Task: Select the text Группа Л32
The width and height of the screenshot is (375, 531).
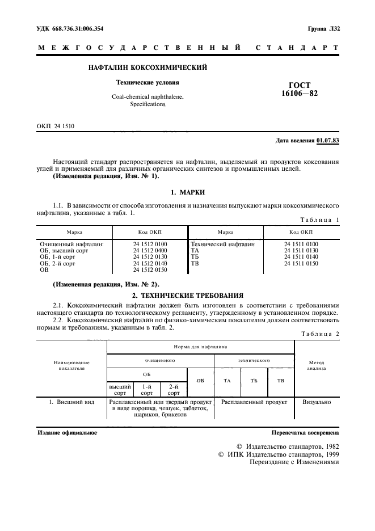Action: (323, 28)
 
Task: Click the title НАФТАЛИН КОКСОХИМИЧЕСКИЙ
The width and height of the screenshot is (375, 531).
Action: (148, 68)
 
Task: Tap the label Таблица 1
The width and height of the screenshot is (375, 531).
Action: (319, 219)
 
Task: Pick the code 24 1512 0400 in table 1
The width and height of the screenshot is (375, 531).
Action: (150, 250)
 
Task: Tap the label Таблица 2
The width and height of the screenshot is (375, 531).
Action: (319, 334)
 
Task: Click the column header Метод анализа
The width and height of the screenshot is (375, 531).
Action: (317, 364)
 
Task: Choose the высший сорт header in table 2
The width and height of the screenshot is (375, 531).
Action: (120, 389)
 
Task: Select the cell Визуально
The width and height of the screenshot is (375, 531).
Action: (317, 401)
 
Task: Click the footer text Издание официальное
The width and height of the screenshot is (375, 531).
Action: (67, 432)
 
